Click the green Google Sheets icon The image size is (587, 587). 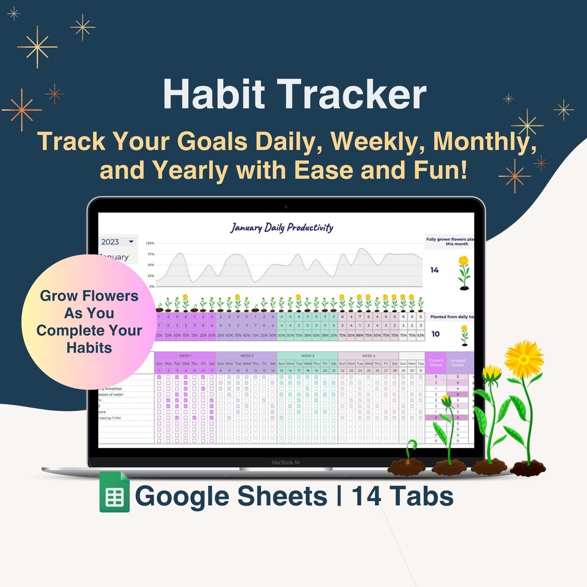[x=115, y=492]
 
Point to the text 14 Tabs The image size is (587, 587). [x=402, y=496]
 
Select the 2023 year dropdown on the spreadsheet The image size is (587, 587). [x=117, y=242]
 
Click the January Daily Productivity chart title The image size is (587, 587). [x=281, y=227]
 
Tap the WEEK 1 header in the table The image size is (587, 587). [x=185, y=355]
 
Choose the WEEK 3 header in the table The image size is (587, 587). [x=307, y=355]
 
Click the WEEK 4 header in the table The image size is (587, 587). [x=368, y=355]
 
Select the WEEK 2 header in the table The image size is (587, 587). [x=246, y=355]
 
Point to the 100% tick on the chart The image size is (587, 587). [x=150, y=243]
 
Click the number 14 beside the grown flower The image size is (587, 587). [x=434, y=270]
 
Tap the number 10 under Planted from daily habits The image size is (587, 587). [x=435, y=334]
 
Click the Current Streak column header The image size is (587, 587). [x=436, y=363]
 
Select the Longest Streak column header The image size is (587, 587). [x=458, y=363]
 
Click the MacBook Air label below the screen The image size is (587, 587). [x=286, y=463]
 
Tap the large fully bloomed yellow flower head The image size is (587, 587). [x=524, y=359]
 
